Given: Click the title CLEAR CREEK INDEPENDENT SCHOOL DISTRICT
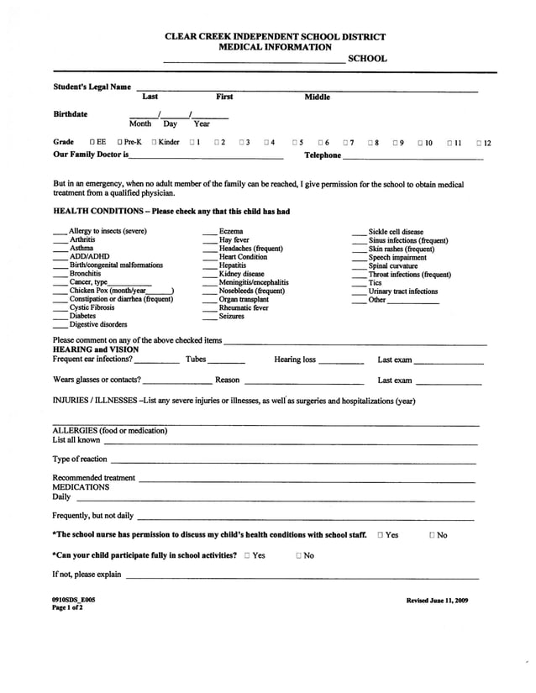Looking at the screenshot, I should (x=275, y=37).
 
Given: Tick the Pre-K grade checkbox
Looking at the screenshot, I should (x=120, y=143).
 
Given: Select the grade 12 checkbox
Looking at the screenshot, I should (x=478, y=143).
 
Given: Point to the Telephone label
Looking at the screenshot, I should (x=323, y=155).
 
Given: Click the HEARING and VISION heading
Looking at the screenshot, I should (x=96, y=349).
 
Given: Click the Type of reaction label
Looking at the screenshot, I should (x=80, y=459).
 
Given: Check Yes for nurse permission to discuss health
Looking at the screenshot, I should (x=381, y=535).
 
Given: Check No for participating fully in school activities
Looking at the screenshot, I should (x=299, y=555).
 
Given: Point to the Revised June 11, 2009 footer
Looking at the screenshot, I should (x=437, y=600).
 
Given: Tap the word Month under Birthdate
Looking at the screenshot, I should (x=140, y=123).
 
